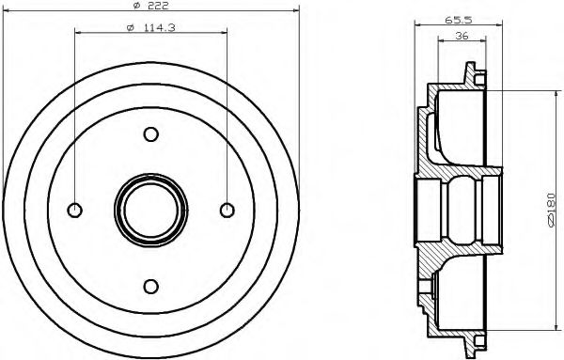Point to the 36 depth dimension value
(x=462, y=37)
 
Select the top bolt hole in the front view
(x=149, y=135)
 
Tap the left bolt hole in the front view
(x=75, y=210)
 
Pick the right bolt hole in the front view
(x=225, y=210)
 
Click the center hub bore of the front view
(x=149, y=210)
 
